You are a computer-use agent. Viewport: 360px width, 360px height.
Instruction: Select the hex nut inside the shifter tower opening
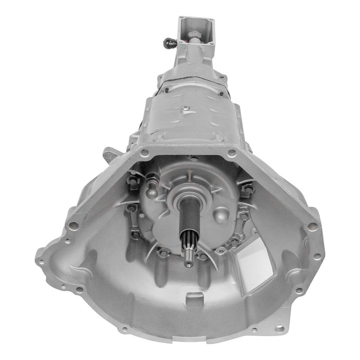[x=194, y=35]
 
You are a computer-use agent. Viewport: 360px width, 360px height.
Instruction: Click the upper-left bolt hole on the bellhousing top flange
[x=144, y=153]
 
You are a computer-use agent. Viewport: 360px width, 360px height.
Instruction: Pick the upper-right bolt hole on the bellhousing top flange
[x=231, y=153]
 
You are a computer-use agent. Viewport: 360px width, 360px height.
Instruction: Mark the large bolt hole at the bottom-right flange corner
[x=279, y=329]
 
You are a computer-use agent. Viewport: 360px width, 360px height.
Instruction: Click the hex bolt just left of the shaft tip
[x=163, y=252]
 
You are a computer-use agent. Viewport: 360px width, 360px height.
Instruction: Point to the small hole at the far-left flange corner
[x=42, y=262]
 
